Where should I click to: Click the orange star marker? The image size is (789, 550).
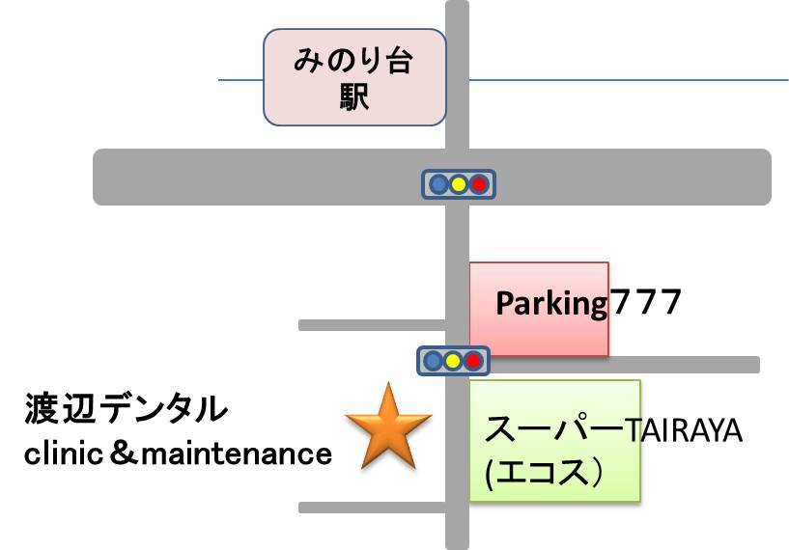[x=388, y=426]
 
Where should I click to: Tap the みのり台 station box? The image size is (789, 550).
[x=355, y=77]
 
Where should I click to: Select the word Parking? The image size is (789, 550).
[x=550, y=304]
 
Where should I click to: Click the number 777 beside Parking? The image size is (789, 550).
[x=645, y=303]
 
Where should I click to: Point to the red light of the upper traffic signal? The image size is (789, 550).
[x=479, y=183]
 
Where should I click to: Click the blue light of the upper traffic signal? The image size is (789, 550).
[x=439, y=183]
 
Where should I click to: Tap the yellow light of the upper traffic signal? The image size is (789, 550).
[x=459, y=183]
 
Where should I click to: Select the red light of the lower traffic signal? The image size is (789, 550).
[x=473, y=361]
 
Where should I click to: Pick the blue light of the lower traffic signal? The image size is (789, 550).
[x=434, y=361]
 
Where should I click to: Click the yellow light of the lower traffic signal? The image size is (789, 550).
[x=453, y=361]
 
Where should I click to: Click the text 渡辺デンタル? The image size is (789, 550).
[x=127, y=410]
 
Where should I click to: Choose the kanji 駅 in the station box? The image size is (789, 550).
[x=355, y=98]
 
